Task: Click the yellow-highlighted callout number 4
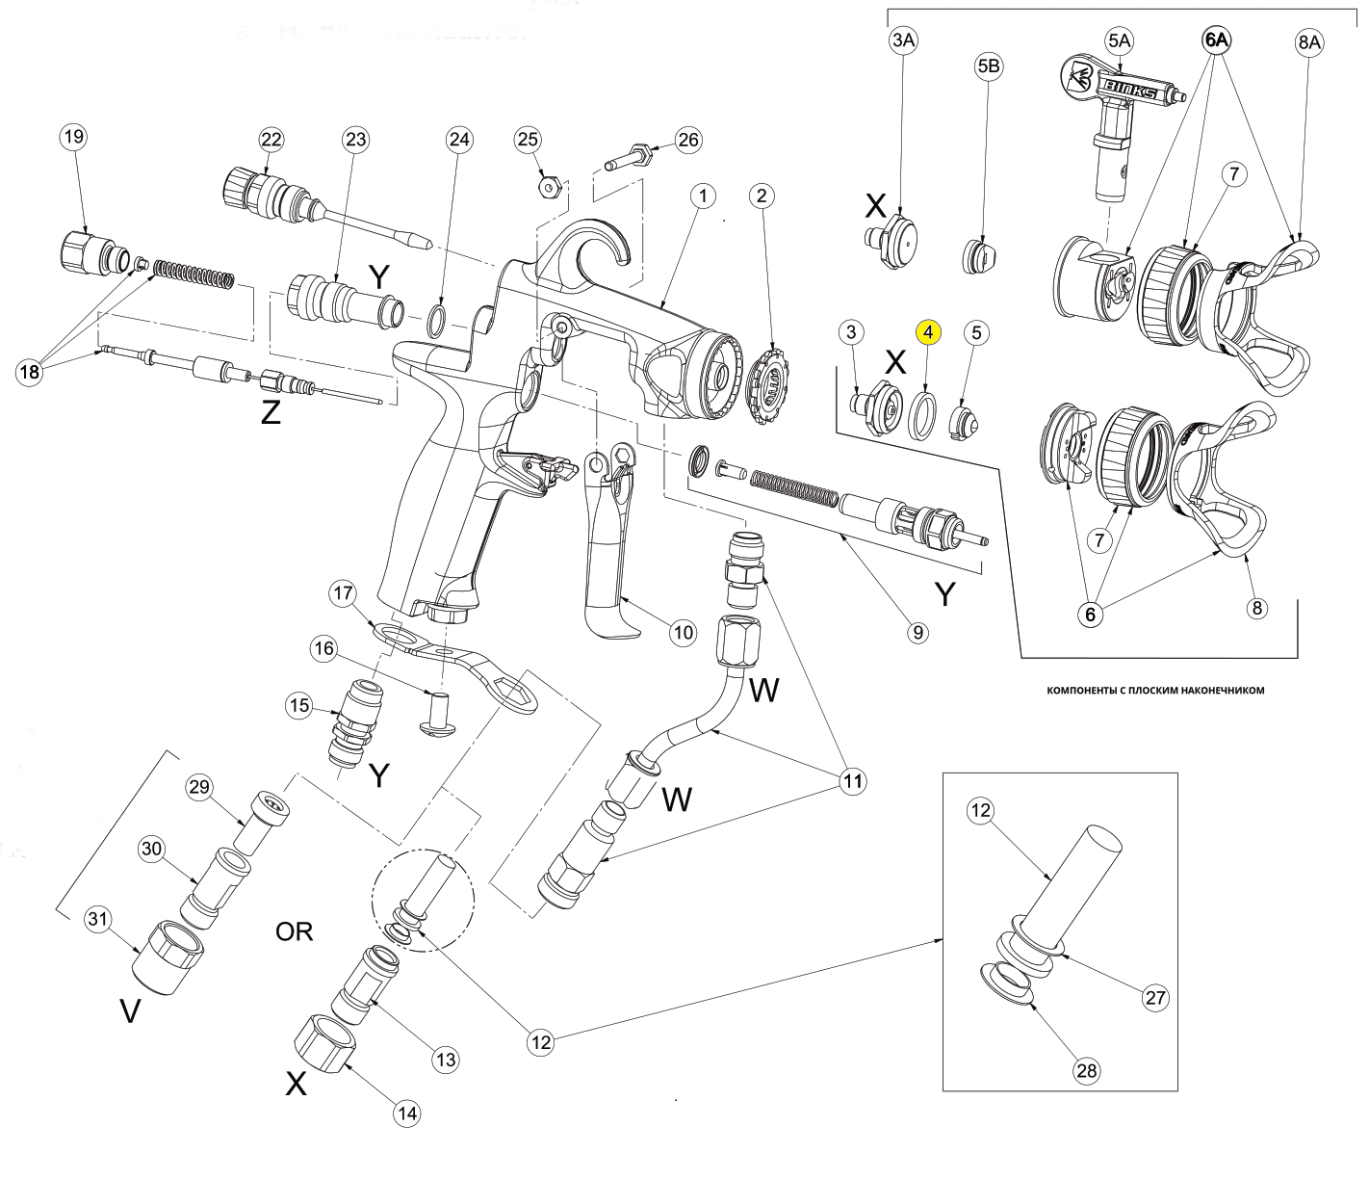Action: click(928, 332)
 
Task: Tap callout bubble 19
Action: click(73, 137)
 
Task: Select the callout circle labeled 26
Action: click(687, 141)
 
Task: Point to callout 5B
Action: click(988, 68)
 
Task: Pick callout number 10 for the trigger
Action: click(683, 632)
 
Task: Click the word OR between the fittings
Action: click(295, 931)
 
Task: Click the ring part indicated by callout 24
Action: click(437, 320)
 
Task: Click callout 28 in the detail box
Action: click(1090, 1069)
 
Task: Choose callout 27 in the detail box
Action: click(1155, 998)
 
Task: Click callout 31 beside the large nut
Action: click(96, 920)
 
